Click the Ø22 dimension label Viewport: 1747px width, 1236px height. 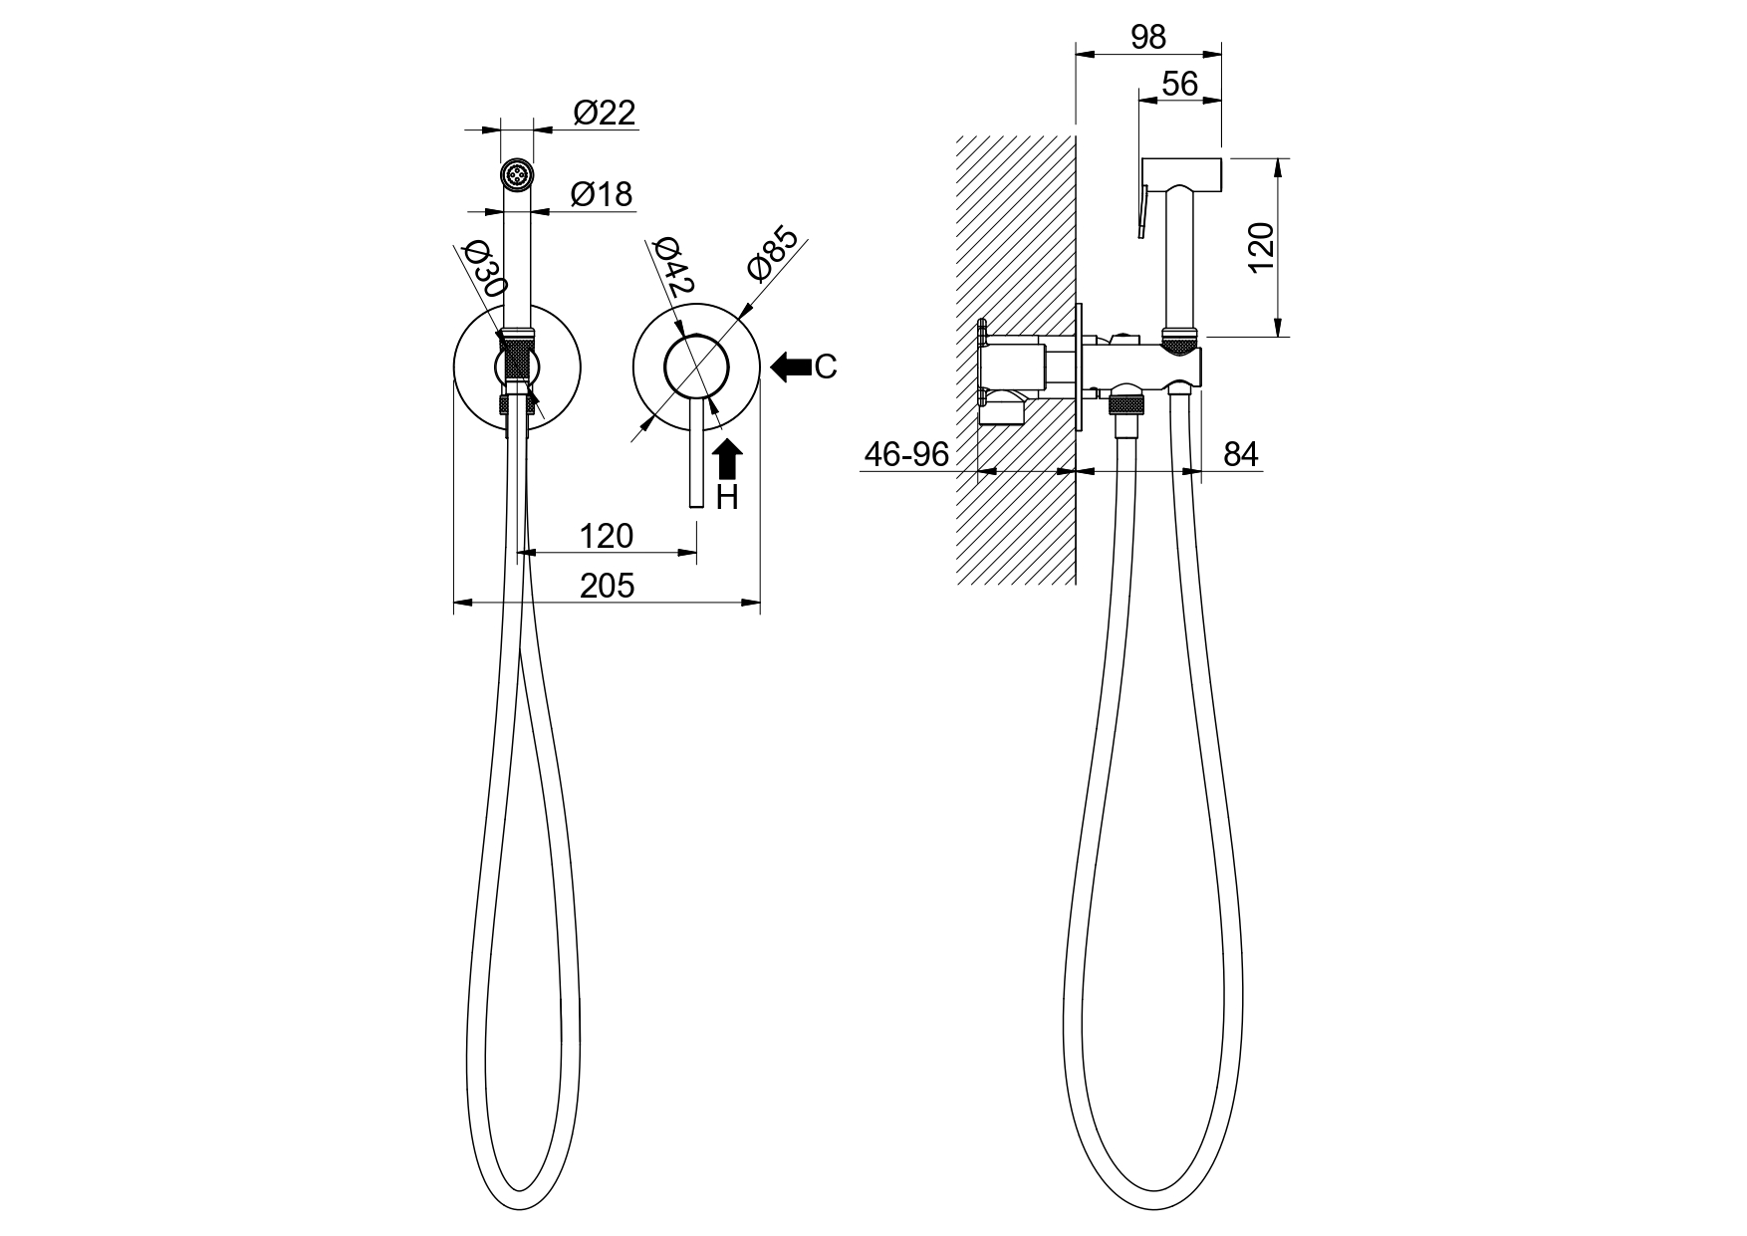pyautogui.click(x=605, y=113)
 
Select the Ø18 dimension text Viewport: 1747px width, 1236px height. pyautogui.click(x=602, y=194)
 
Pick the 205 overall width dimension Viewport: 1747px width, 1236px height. pyautogui.click(x=607, y=586)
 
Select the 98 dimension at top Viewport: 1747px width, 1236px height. pyautogui.click(x=1148, y=37)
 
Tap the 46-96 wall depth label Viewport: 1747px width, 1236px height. pyautogui.click(x=906, y=454)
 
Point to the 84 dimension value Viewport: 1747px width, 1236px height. pyautogui.click(x=1241, y=454)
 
